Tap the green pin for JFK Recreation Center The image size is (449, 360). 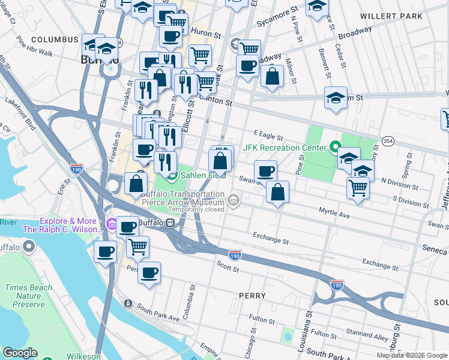coord(335,147)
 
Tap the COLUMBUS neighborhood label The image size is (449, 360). coord(55,40)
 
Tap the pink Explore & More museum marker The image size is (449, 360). coord(111,225)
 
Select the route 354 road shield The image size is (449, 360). coord(388,140)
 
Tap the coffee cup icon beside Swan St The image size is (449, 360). coord(265,172)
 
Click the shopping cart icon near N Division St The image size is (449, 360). coord(358,187)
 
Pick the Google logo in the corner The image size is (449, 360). coord(20,353)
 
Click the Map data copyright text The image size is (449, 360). coord(412,355)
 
